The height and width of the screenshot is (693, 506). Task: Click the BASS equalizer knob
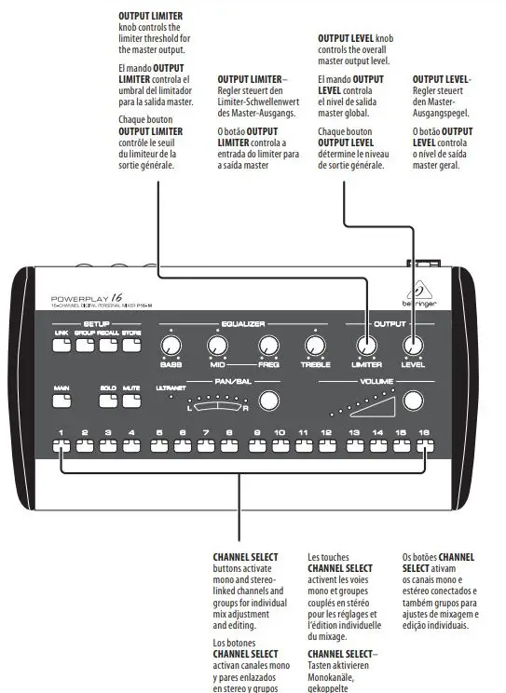point(170,346)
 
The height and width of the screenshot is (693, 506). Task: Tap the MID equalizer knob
point(219,346)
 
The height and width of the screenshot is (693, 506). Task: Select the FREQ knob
point(269,346)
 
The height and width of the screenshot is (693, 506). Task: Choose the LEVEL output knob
point(413,346)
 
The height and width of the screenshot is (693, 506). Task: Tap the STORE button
point(131,345)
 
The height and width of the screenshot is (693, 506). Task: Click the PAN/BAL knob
point(268,401)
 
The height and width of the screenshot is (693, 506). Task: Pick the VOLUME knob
point(413,401)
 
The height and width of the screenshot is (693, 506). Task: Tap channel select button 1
point(61,445)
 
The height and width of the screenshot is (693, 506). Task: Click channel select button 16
point(425,445)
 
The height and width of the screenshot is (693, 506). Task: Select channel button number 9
point(256,445)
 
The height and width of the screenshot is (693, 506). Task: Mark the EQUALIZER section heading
point(244,324)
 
